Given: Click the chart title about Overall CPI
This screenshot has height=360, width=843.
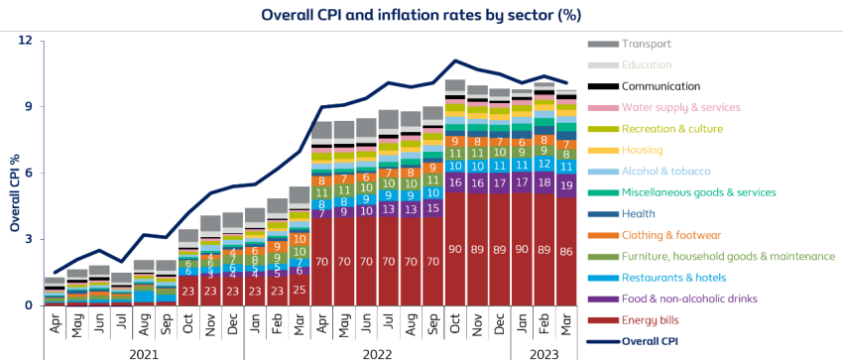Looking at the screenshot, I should point(421,15).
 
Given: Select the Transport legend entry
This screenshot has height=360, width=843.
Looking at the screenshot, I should point(646,45).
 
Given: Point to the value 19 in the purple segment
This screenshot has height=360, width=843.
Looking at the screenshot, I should point(566,184).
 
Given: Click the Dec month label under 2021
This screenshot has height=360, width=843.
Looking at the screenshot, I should point(232,323).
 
